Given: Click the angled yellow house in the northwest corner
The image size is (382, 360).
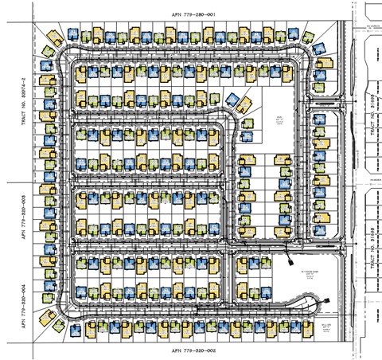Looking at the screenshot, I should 56,38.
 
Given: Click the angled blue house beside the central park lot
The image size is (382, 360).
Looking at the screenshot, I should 232,100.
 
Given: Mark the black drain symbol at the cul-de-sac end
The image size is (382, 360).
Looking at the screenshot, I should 325,300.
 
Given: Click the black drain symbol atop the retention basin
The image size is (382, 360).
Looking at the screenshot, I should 289,256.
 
